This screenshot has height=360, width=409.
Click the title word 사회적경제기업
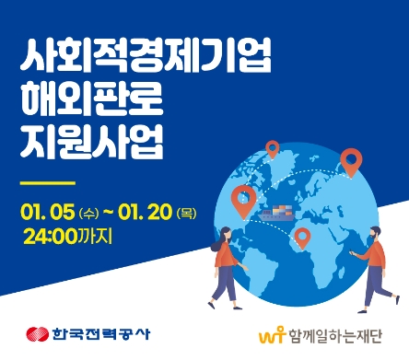click(x=146, y=57)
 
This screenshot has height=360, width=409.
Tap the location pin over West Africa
click(x=300, y=238)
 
